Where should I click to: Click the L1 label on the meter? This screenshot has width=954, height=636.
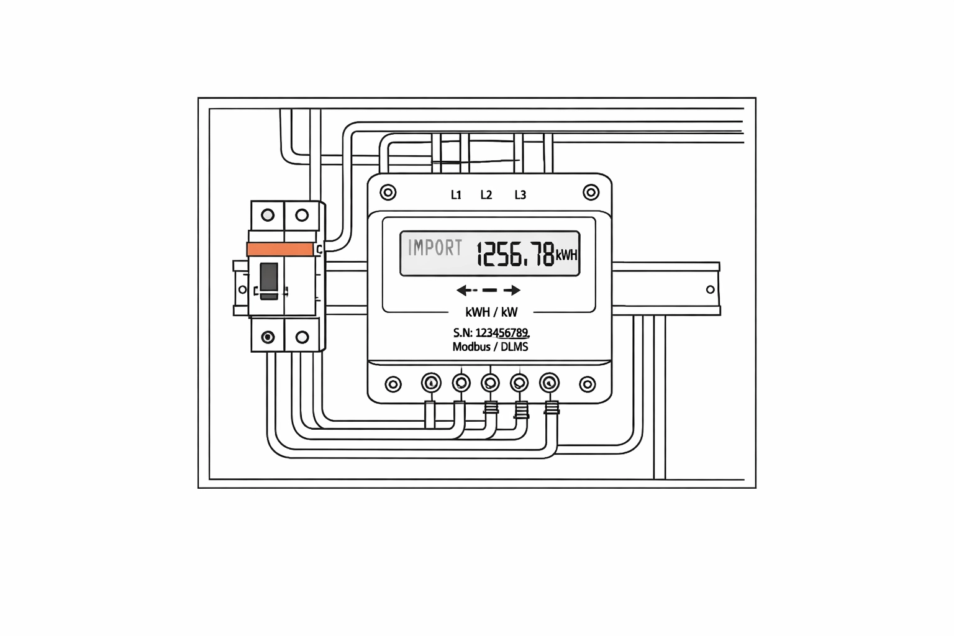pos(456,195)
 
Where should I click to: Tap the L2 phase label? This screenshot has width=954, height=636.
pos(486,195)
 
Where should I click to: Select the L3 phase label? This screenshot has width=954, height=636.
pos(520,195)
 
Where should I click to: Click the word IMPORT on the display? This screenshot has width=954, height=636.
pos(435,248)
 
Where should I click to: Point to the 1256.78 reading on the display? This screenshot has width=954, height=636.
pos(516,254)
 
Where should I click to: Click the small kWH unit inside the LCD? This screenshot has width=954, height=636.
pos(567,255)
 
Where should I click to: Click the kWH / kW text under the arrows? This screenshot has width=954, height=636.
pos(491,312)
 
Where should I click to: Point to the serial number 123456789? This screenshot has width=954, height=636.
pos(502,333)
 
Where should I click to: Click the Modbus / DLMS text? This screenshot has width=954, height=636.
pos(490,347)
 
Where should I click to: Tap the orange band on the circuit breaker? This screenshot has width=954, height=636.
pos(280,249)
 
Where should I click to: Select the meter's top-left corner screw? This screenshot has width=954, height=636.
pos(388,193)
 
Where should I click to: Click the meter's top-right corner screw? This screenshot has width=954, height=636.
pos(591,193)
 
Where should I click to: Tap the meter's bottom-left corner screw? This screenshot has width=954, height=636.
pos(393,384)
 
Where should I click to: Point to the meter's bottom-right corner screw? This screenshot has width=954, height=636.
pos(588,384)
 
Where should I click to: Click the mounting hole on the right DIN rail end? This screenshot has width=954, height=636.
pos(711,289)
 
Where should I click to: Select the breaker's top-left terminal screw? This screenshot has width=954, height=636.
pos(268,215)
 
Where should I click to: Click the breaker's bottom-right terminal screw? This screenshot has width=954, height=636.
pos(302,337)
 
